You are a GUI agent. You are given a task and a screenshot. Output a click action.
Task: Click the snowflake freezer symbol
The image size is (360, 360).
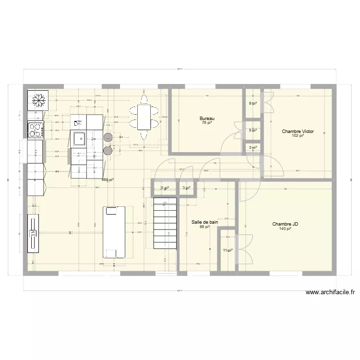coord(37,100)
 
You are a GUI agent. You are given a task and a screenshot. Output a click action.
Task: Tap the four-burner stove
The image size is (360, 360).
coord(36,129)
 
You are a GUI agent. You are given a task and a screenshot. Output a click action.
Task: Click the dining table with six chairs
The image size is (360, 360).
coord(144,116)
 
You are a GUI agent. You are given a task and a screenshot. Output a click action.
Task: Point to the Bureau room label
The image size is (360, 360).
coord(207,119)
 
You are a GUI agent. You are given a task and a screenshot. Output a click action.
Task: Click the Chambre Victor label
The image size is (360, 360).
coord(297,131)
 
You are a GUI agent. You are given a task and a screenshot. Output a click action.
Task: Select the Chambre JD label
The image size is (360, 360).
coord(285,224)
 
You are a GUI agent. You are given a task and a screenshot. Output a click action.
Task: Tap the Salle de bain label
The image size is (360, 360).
coord(205,222)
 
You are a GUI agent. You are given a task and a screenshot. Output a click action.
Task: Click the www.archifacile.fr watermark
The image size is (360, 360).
coord(330,292)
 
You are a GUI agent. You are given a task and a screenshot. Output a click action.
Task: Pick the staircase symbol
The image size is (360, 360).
coord(165,225)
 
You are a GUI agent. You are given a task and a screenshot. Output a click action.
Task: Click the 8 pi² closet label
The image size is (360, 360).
coord(252,103)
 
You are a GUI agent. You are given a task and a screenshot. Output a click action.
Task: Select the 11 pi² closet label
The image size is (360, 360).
coord(228,250)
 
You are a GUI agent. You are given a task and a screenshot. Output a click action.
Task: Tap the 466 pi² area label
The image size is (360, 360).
coord(108,180)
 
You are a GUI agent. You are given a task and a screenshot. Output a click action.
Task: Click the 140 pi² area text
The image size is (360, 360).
coord(285,229)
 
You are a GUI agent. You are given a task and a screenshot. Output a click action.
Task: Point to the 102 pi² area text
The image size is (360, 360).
coord(297,136)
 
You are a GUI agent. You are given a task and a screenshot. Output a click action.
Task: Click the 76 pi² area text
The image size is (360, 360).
coord(207,123)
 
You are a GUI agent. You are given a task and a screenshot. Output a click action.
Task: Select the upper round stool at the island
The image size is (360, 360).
coord(108,138)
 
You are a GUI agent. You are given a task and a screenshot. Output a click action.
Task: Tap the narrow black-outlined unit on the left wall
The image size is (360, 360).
coord(33,234)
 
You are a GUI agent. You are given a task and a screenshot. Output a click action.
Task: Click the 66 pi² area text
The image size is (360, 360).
coord(205,227)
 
